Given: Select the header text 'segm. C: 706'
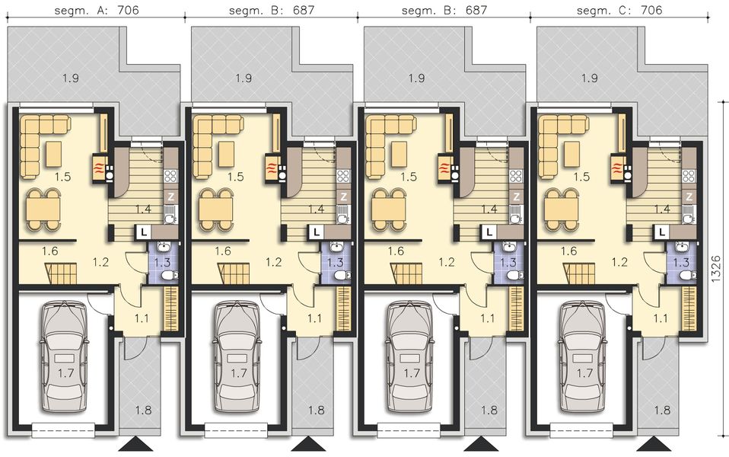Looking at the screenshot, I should tap(619, 11).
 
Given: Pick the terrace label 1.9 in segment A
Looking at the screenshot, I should tap(71, 78).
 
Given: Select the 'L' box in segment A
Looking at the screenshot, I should tap(142, 231).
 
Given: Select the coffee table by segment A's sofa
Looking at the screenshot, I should tap(53, 154).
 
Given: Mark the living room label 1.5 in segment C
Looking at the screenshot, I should tap(582, 177).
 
